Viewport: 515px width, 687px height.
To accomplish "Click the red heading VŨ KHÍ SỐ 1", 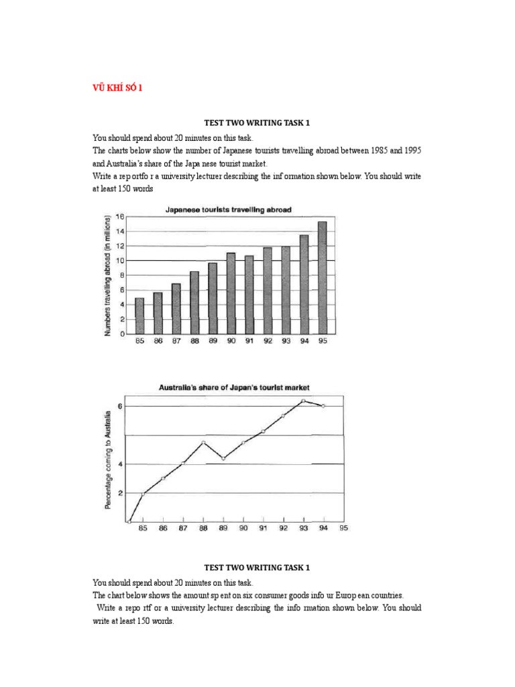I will tap(116, 87).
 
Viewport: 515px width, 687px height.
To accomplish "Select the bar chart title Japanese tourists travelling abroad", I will tap(228, 210).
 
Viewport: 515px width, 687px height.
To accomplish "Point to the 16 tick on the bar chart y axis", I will tap(121, 217).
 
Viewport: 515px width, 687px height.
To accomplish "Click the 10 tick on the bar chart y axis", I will tap(121, 260).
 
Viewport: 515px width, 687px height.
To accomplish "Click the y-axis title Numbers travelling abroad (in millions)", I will tap(107, 275).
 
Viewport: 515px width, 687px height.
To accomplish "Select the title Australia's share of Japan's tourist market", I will tap(233, 388).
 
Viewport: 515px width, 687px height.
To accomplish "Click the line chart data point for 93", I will tap(304, 401).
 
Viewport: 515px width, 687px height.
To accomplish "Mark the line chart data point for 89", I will tap(223, 458).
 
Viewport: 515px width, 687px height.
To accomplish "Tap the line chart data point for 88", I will tap(203, 442).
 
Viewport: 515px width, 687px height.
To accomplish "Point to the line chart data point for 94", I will tap(324, 406).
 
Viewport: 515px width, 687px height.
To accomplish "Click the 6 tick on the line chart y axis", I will tap(120, 406).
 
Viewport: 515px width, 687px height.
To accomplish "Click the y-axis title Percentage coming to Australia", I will tap(108, 463).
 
